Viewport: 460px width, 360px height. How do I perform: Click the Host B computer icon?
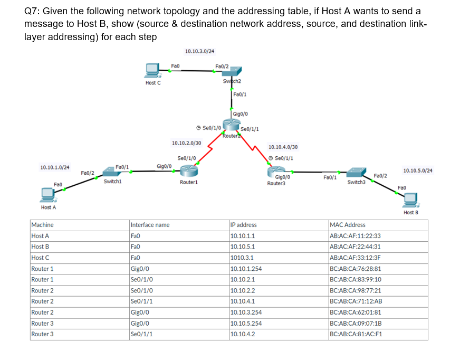point(410,200)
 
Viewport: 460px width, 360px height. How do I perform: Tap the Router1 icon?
point(188,171)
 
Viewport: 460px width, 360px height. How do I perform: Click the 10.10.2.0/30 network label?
point(186,143)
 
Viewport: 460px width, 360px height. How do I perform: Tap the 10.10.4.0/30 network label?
point(283,147)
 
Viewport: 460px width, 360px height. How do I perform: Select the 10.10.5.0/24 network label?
point(417,170)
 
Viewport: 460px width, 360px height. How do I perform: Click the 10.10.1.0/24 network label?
point(55,167)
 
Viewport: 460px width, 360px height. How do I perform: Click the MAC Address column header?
point(347,225)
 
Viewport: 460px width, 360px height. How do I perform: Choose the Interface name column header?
point(150,225)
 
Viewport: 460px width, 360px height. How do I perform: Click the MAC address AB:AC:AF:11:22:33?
point(354,236)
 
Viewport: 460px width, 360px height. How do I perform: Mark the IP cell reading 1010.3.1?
point(242,258)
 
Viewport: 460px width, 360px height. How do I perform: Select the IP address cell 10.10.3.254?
point(246,312)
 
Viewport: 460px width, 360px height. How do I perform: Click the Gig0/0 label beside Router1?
point(164,166)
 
